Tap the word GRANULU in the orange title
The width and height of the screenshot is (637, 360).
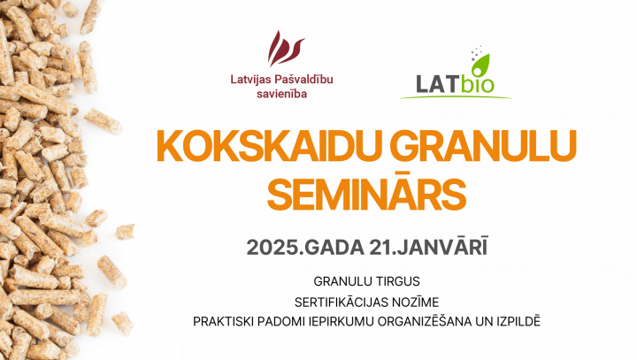(x=484, y=146)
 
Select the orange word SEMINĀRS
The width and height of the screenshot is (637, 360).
(x=366, y=193)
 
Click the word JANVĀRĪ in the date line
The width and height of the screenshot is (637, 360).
(x=442, y=246)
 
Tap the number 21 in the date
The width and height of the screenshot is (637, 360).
(x=380, y=247)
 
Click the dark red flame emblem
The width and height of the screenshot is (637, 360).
(x=285, y=49)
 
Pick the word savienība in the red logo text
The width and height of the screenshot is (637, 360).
(x=281, y=95)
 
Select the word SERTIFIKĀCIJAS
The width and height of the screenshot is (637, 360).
(x=342, y=303)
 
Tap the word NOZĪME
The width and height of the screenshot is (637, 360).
(x=416, y=303)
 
